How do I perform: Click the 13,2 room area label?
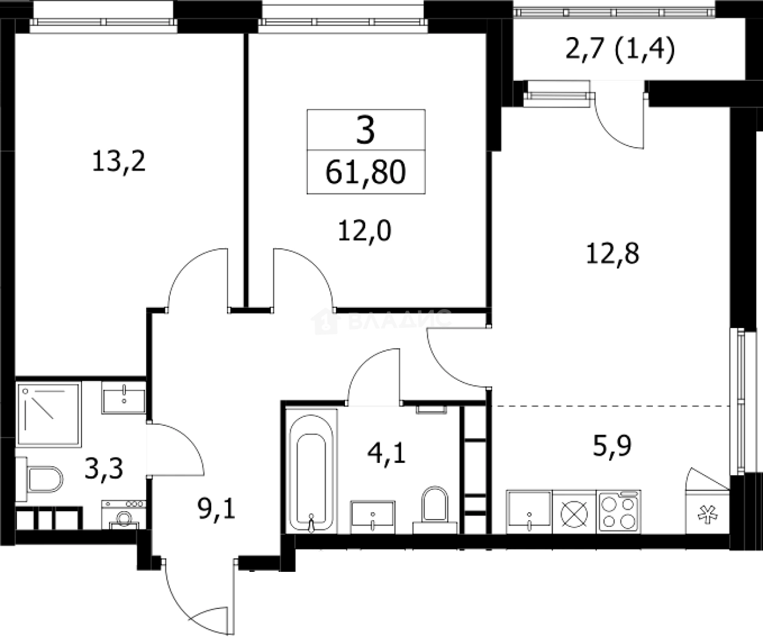(119, 161)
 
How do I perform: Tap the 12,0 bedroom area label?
(364, 231)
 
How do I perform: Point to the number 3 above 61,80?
(366, 130)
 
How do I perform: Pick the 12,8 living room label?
(613, 253)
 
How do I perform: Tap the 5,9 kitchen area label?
(612, 446)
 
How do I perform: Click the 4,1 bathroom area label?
(386, 454)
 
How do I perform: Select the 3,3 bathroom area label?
(104, 469)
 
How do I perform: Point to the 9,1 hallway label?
(217, 509)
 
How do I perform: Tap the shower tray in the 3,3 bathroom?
(48, 415)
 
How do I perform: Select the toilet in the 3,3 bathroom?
(40, 479)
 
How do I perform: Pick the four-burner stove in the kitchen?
(619, 511)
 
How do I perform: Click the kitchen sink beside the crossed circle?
(529, 512)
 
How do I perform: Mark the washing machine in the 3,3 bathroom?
(124, 515)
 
